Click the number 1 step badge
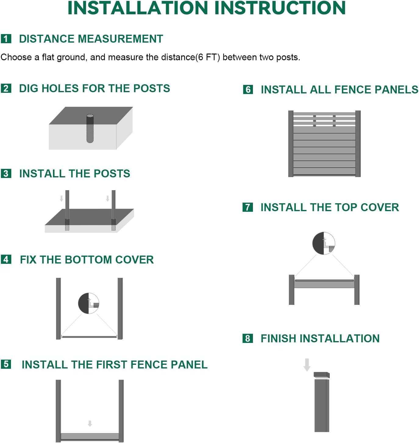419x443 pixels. coord(6,39)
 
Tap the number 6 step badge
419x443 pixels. coord(248,89)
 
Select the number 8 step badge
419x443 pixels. coord(248,338)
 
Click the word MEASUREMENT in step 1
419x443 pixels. coord(120,39)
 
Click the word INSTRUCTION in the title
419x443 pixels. coord(280,8)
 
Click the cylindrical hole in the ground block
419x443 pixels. coord(90,128)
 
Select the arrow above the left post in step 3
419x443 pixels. coord(62,198)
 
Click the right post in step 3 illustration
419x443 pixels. coord(114,210)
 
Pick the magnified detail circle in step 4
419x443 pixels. coord(88,303)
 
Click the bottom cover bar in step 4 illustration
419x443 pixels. coord(89,337)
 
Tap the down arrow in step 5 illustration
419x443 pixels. coord(90,423)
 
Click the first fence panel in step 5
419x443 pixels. coord(90,436)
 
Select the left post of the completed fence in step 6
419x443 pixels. coord(291,144)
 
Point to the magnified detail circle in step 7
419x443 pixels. coord(324,243)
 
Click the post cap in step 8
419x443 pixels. coord(321,375)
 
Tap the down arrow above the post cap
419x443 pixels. coord(307,365)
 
